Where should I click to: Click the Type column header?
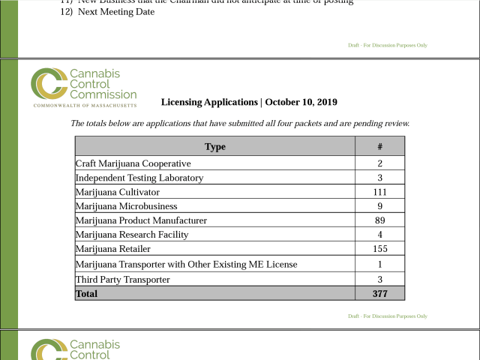coord(215,147)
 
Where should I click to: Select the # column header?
coord(380,147)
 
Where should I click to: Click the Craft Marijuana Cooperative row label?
coord(133,163)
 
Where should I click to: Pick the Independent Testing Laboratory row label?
coord(139,178)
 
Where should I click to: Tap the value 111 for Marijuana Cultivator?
coord(380,193)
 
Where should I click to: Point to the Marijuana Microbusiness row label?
coord(127,206)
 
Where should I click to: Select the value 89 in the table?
coord(380,220)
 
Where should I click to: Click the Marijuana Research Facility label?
coord(132,235)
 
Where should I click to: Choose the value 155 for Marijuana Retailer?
coord(380,249)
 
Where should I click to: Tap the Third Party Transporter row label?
coord(123,280)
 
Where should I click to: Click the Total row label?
coord(86,294)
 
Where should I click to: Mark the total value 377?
coord(380,294)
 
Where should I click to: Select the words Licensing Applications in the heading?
coord(209,102)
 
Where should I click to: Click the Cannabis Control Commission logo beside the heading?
coord(83,88)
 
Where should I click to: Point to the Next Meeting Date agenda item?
coord(115,12)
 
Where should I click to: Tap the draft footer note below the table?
coord(388,316)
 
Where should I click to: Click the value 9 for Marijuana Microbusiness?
coord(380,206)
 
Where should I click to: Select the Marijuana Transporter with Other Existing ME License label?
coord(187,265)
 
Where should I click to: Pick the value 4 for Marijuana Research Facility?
coord(380,235)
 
